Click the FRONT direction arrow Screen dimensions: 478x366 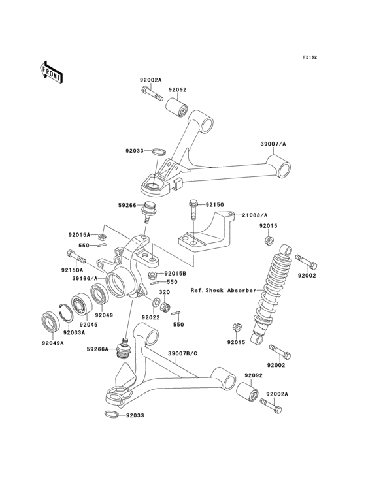(x=52, y=71)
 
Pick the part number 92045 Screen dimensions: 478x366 (x=88, y=324)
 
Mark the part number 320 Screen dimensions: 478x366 (x=165, y=293)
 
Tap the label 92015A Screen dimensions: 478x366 (x=79, y=234)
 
